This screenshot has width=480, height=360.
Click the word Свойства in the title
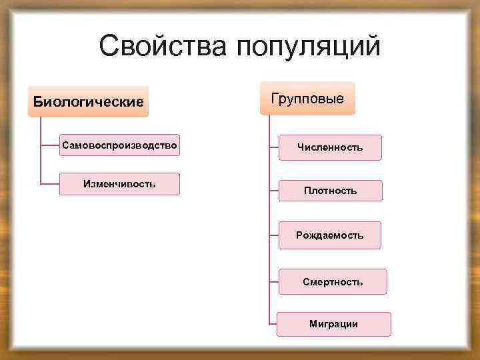[x=160, y=47]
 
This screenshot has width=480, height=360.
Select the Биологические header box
[x=88, y=102]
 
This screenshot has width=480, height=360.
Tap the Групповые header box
[x=308, y=99]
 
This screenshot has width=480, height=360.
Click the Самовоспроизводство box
[x=119, y=145]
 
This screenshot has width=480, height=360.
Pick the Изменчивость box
[x=119, y=184]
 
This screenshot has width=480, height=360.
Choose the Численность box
[x=330, y=147]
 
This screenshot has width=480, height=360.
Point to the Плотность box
[x=330, y=191]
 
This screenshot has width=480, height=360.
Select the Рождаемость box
[x=330, y=235]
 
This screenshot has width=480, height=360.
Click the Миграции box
[x=333, y=324]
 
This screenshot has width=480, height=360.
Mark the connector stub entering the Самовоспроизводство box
[x=50, y=144]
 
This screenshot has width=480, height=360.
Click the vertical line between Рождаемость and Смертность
[x=269, y=259]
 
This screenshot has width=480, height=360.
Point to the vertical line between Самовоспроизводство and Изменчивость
[x=41, y=164]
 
